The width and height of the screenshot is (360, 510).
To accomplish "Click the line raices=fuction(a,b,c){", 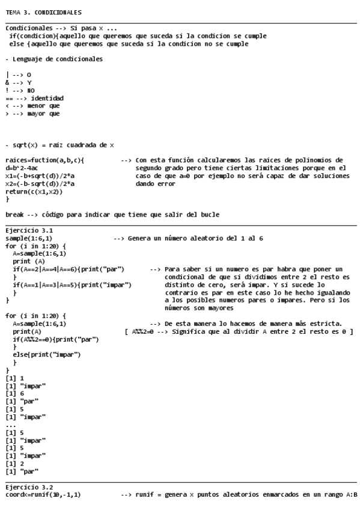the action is click(x=44, y=161).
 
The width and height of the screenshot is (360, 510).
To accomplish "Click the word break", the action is click(x=15, y=215).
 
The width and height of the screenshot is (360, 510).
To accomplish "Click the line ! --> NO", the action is click(x=19, y=90).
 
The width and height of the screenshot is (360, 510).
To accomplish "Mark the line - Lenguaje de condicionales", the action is click(x=53, y=59).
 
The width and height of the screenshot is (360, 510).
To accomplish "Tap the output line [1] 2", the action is click(x=13, y=464).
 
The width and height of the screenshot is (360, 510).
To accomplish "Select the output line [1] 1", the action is click(x=13, y=378).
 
